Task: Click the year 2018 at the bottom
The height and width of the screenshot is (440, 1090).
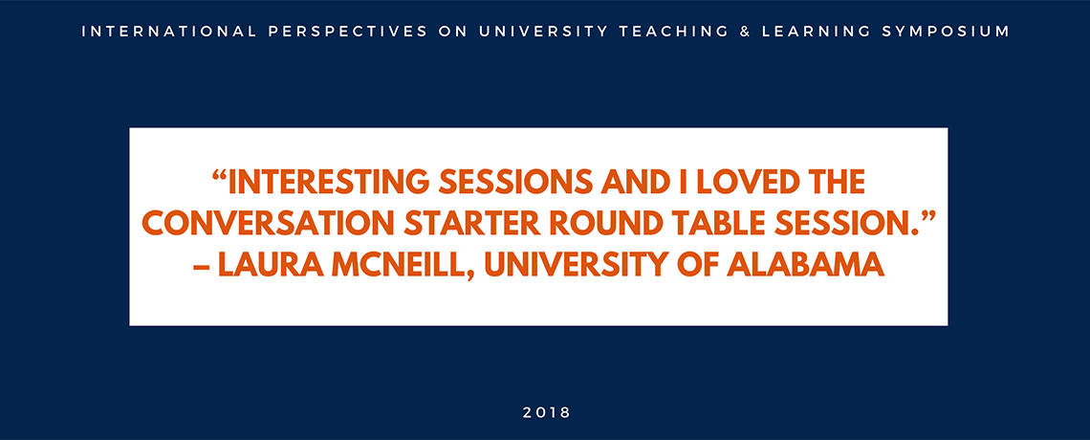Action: pyautogui.click(x=546, y=413)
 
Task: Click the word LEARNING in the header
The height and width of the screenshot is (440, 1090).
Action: pyautogui.click(x=814, y=32)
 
